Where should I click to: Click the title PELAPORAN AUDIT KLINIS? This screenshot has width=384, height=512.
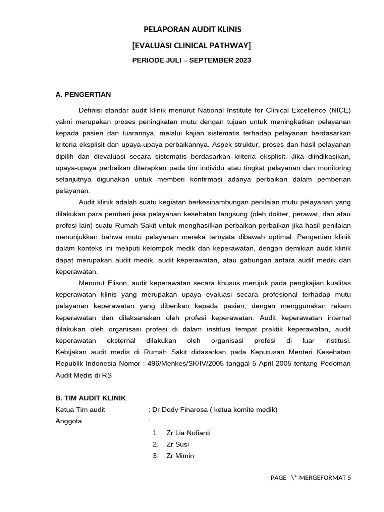point(192,30)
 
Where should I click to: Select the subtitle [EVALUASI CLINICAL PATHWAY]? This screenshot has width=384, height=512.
point(192,46)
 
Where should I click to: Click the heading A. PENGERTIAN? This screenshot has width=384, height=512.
point(83,94)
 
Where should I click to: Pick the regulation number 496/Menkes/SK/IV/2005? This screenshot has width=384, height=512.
point(184,364)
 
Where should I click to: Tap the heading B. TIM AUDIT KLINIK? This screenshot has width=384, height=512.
point(91,398)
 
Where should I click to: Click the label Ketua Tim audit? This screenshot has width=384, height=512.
point(80,410)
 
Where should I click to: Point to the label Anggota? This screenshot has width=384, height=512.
point(69,421)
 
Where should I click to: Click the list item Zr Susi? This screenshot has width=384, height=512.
point(178,444)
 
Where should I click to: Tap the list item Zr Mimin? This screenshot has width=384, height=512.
point(180,456)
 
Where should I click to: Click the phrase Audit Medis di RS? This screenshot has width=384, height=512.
point(84,375)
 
